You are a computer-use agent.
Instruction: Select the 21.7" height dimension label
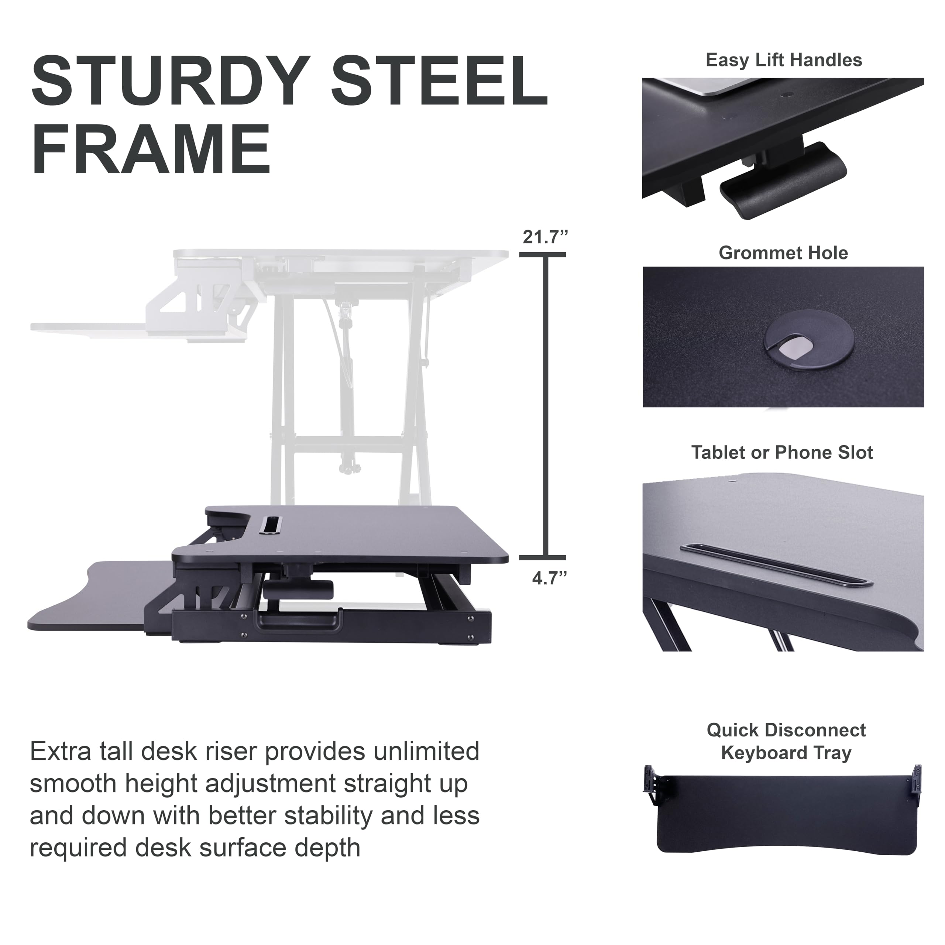tap(545, 238)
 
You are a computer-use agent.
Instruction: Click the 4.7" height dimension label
tap(549, 579)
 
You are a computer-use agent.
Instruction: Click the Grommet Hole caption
tap(783, 253)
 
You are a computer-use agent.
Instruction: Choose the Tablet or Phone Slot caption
tap(781, 453)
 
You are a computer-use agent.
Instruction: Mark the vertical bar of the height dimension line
tap(545, 406)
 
